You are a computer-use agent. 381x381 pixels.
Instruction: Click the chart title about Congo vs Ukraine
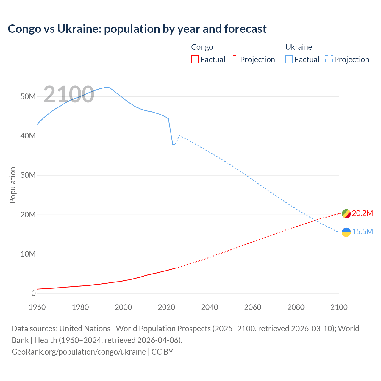click(x=137, y=29)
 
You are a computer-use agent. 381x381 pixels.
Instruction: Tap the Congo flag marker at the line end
click(x=346, y=214)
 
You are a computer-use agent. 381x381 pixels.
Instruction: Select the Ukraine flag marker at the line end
click(x=346, y=232)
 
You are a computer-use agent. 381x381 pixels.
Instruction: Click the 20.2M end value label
click(x=362, y=213)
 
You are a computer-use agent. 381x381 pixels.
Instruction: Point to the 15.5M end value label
click(x=362, y=232)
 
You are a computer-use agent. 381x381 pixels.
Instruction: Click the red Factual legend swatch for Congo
click(x=195, y=60)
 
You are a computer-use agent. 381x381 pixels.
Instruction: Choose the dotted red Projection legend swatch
click(x=235, y=60)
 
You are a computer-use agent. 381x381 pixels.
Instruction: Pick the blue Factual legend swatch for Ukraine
click(x=289, y=60)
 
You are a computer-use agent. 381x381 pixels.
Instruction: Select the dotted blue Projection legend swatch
click(x=329, y=60)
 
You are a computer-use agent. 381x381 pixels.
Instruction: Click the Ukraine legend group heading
click(x=299, y=47)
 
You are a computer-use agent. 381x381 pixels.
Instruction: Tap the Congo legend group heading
click(x=202, y=47)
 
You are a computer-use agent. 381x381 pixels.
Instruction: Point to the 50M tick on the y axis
click(x=28, y=96)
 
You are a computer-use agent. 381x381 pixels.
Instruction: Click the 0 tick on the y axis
click(x=33, y=293)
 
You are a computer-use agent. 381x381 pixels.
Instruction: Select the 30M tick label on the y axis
click(x=28, y=175)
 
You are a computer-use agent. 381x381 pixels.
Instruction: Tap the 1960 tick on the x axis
click(x=37, y=307)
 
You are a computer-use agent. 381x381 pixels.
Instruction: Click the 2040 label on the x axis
click(x=210, y=307)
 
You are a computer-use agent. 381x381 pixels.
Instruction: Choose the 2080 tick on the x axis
click(x=296, y=307)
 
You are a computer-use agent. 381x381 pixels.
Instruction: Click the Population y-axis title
click(x=13, y=185)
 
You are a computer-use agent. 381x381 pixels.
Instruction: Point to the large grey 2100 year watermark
click(x=69, y=94)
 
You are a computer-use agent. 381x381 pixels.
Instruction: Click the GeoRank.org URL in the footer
click(x=79, y=352)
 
